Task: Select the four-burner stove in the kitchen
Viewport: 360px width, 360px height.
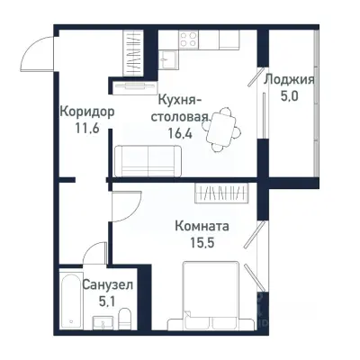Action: (x=189, y=40)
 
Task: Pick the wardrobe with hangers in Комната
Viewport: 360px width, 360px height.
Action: (x=225, y=193)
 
